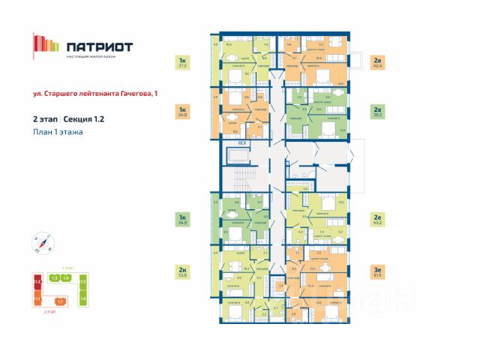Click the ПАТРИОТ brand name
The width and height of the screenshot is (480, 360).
(x=99, y=46)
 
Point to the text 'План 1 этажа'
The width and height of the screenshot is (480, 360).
(x=58, y=132)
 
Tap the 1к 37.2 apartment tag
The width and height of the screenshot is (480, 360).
(x=181, y=62)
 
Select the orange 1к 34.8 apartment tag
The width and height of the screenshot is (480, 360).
(x=181, y=112)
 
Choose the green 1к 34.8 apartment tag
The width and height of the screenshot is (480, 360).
(x=181, y=220)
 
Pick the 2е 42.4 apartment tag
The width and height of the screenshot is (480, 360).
(x=377, y=62)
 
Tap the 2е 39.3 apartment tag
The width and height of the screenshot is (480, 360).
(x=377, y=112)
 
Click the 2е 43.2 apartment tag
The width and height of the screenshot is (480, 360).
(x=377, y=220)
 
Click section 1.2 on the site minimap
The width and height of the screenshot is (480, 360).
(x=37, y=283)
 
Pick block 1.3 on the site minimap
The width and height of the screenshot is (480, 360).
(x=54, y=278)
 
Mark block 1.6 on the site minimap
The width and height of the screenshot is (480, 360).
(x=83, y=298)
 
